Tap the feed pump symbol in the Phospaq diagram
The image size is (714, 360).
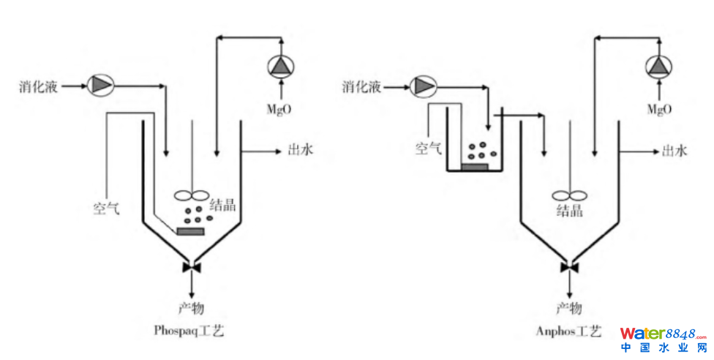coord(100,86)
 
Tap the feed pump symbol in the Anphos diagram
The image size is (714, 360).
coord(423,86)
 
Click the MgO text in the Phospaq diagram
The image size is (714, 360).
coord(279,110)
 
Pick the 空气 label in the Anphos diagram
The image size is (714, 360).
coord(429,149)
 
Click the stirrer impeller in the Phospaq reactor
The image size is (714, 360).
coord(192,195)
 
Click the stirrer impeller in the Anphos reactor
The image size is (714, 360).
coord(570,195)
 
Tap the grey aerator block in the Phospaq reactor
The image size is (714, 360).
coord(190,231)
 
